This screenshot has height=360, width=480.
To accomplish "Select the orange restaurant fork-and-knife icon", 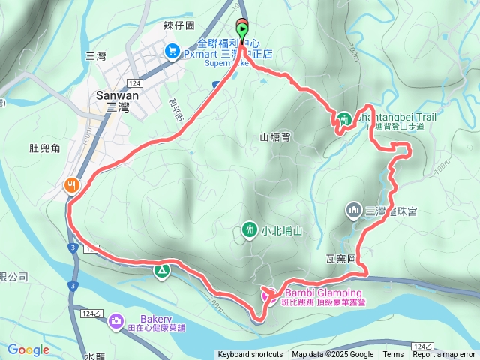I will (x=72, y=184).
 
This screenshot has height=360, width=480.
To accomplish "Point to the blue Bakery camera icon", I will (x=116, y=321).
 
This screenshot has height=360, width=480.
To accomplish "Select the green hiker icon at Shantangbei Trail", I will (x=344, y=118).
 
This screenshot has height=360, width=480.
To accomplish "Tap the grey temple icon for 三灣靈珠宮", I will (x=353, y=211).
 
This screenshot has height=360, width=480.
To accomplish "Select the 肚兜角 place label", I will (x=43, y=149).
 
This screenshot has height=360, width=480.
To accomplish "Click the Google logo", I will (x=28, y=349).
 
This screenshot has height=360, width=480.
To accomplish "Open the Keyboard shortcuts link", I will (x=250, y=355).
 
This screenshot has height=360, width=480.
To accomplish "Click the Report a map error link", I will (x=444, y=355).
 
